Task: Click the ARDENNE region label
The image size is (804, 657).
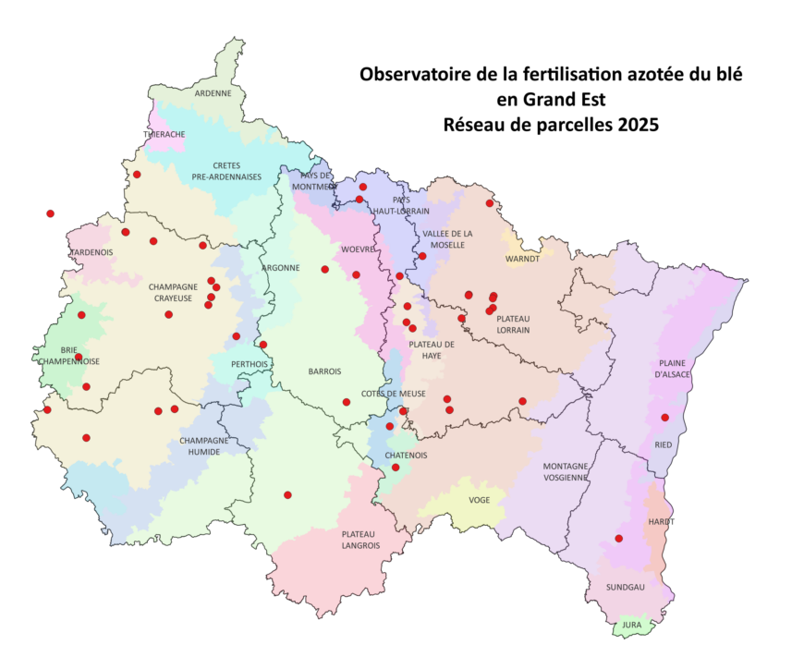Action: click(213, 93)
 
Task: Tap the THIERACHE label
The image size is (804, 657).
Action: click(164, 134)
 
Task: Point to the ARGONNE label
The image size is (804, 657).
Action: click(280, 268)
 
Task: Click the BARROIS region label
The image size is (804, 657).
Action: click(324, 371)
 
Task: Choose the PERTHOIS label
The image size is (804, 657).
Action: click(250, 364)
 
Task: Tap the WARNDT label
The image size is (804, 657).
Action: click(522, 259)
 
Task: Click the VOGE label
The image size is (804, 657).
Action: click(480, 500)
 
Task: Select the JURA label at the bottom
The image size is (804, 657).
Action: click(631, 626)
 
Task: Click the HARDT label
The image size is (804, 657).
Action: click(662, 522)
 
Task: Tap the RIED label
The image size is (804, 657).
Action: click(664, 444)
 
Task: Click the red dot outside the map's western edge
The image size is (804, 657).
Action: click(50, 213)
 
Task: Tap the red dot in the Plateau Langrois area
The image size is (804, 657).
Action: click(287, 495)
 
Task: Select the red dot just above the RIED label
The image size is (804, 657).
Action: click(664, 418)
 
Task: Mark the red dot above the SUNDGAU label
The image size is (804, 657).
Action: click(618, 539)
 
